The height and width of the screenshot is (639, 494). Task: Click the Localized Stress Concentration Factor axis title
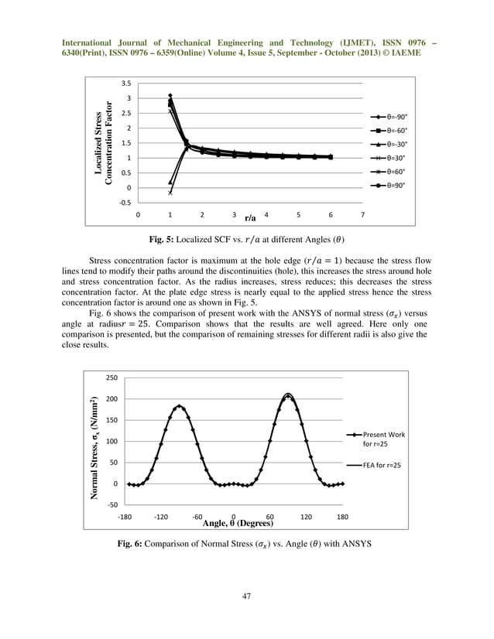click(x=105, y=143)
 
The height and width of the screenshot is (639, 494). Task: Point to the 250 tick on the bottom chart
click(x=111, y=378)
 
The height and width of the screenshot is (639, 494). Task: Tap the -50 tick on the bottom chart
click(x=111, y=505)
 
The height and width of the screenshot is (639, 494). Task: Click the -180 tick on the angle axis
click(x=125, y=516)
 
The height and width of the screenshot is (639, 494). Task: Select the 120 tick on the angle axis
click(x=307, y=516)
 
